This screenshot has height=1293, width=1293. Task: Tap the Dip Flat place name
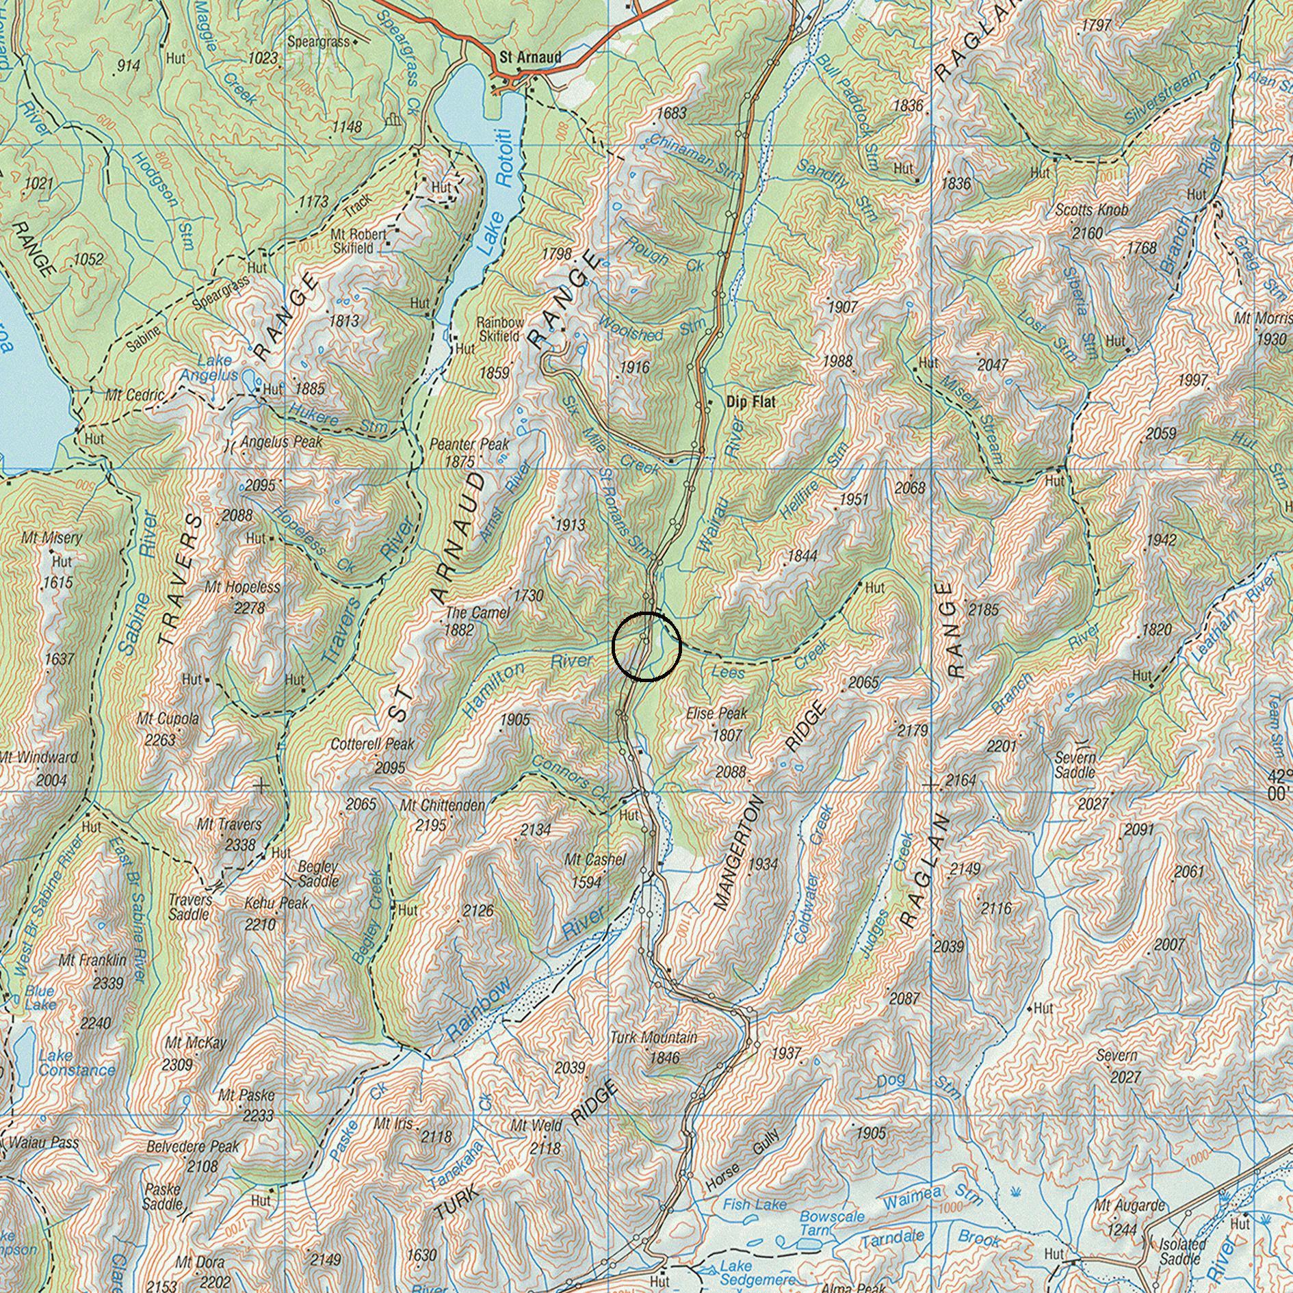(750, 402)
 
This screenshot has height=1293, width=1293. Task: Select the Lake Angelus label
(209, 368)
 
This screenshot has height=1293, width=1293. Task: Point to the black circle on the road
(646, 646)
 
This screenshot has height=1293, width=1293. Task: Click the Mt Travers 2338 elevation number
(240, 846)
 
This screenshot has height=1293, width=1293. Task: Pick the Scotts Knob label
(1091, 210)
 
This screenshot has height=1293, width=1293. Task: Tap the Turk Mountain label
(653, 1038)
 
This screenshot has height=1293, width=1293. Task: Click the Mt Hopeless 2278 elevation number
(250, 608)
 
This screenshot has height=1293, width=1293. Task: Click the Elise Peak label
(717, 714)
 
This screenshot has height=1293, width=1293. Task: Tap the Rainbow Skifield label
(500, 329)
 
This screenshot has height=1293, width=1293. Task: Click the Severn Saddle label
(1075, 764)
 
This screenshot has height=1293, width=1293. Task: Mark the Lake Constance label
(75, 1063)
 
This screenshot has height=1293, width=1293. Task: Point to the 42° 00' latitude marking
(1279, 785)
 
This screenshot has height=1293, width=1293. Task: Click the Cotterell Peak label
(372, 744)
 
